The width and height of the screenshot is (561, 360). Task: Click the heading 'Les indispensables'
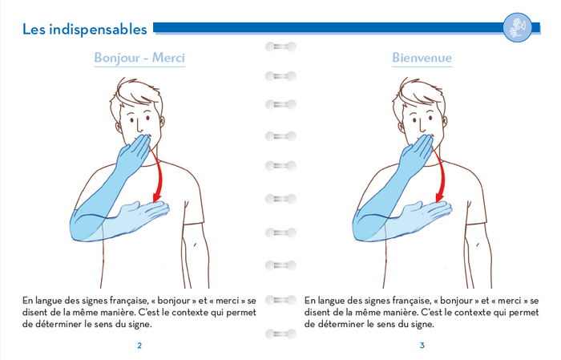click(84, 30)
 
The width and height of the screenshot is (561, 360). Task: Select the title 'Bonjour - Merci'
click(139, 58)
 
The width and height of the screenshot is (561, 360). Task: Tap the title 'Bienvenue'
click(422, 58)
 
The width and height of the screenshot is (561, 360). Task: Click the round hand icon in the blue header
click(517, 28)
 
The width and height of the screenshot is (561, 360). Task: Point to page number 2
click(139, 346)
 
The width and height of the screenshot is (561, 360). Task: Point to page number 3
click(422, 346)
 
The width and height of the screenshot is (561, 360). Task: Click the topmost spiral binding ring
click(280, 47)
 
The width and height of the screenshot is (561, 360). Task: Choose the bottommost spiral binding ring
click(280, 333)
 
